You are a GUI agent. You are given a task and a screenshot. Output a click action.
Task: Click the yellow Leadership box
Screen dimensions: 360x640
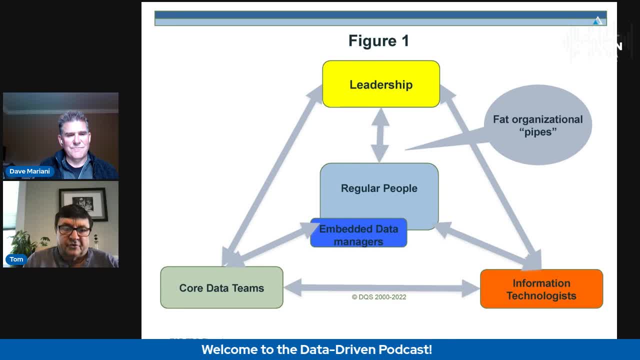click(381, 84)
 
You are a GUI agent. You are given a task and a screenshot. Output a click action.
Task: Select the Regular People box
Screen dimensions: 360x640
click(379, 188)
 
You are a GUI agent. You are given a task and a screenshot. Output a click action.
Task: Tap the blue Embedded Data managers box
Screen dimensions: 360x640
click(358, 235)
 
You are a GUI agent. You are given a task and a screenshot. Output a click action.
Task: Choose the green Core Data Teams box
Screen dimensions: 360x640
click(221, 287)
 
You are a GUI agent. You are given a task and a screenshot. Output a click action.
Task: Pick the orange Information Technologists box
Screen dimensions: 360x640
click(541, 289)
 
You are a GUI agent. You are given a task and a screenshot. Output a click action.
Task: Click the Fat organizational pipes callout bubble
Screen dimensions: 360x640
click(537, 125)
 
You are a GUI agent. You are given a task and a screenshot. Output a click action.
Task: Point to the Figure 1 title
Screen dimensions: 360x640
click(378, 41)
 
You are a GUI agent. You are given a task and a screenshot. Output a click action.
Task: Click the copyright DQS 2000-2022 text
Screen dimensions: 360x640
click(379, 297)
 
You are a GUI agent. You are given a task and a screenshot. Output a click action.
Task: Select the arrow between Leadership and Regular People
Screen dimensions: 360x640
click(380, 134)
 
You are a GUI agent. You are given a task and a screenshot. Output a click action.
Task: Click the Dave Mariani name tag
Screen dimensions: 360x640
click(29, 171)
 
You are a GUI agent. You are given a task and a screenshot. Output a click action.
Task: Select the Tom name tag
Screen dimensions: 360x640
click(16, 259)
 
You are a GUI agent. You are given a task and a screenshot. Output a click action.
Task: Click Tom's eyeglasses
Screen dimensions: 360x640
click(74, 230)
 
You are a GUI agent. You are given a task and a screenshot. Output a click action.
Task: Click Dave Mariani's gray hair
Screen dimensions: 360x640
click(73, 120)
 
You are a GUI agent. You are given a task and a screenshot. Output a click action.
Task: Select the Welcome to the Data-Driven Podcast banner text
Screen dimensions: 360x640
click(316, 349)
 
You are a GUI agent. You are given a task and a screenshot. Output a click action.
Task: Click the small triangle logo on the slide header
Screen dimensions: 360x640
click(597, 20)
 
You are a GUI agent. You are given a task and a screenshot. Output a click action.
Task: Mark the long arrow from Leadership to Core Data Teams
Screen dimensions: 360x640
click(272, 175)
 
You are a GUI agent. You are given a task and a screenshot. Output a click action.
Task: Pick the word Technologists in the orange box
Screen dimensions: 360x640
click(541, 295)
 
